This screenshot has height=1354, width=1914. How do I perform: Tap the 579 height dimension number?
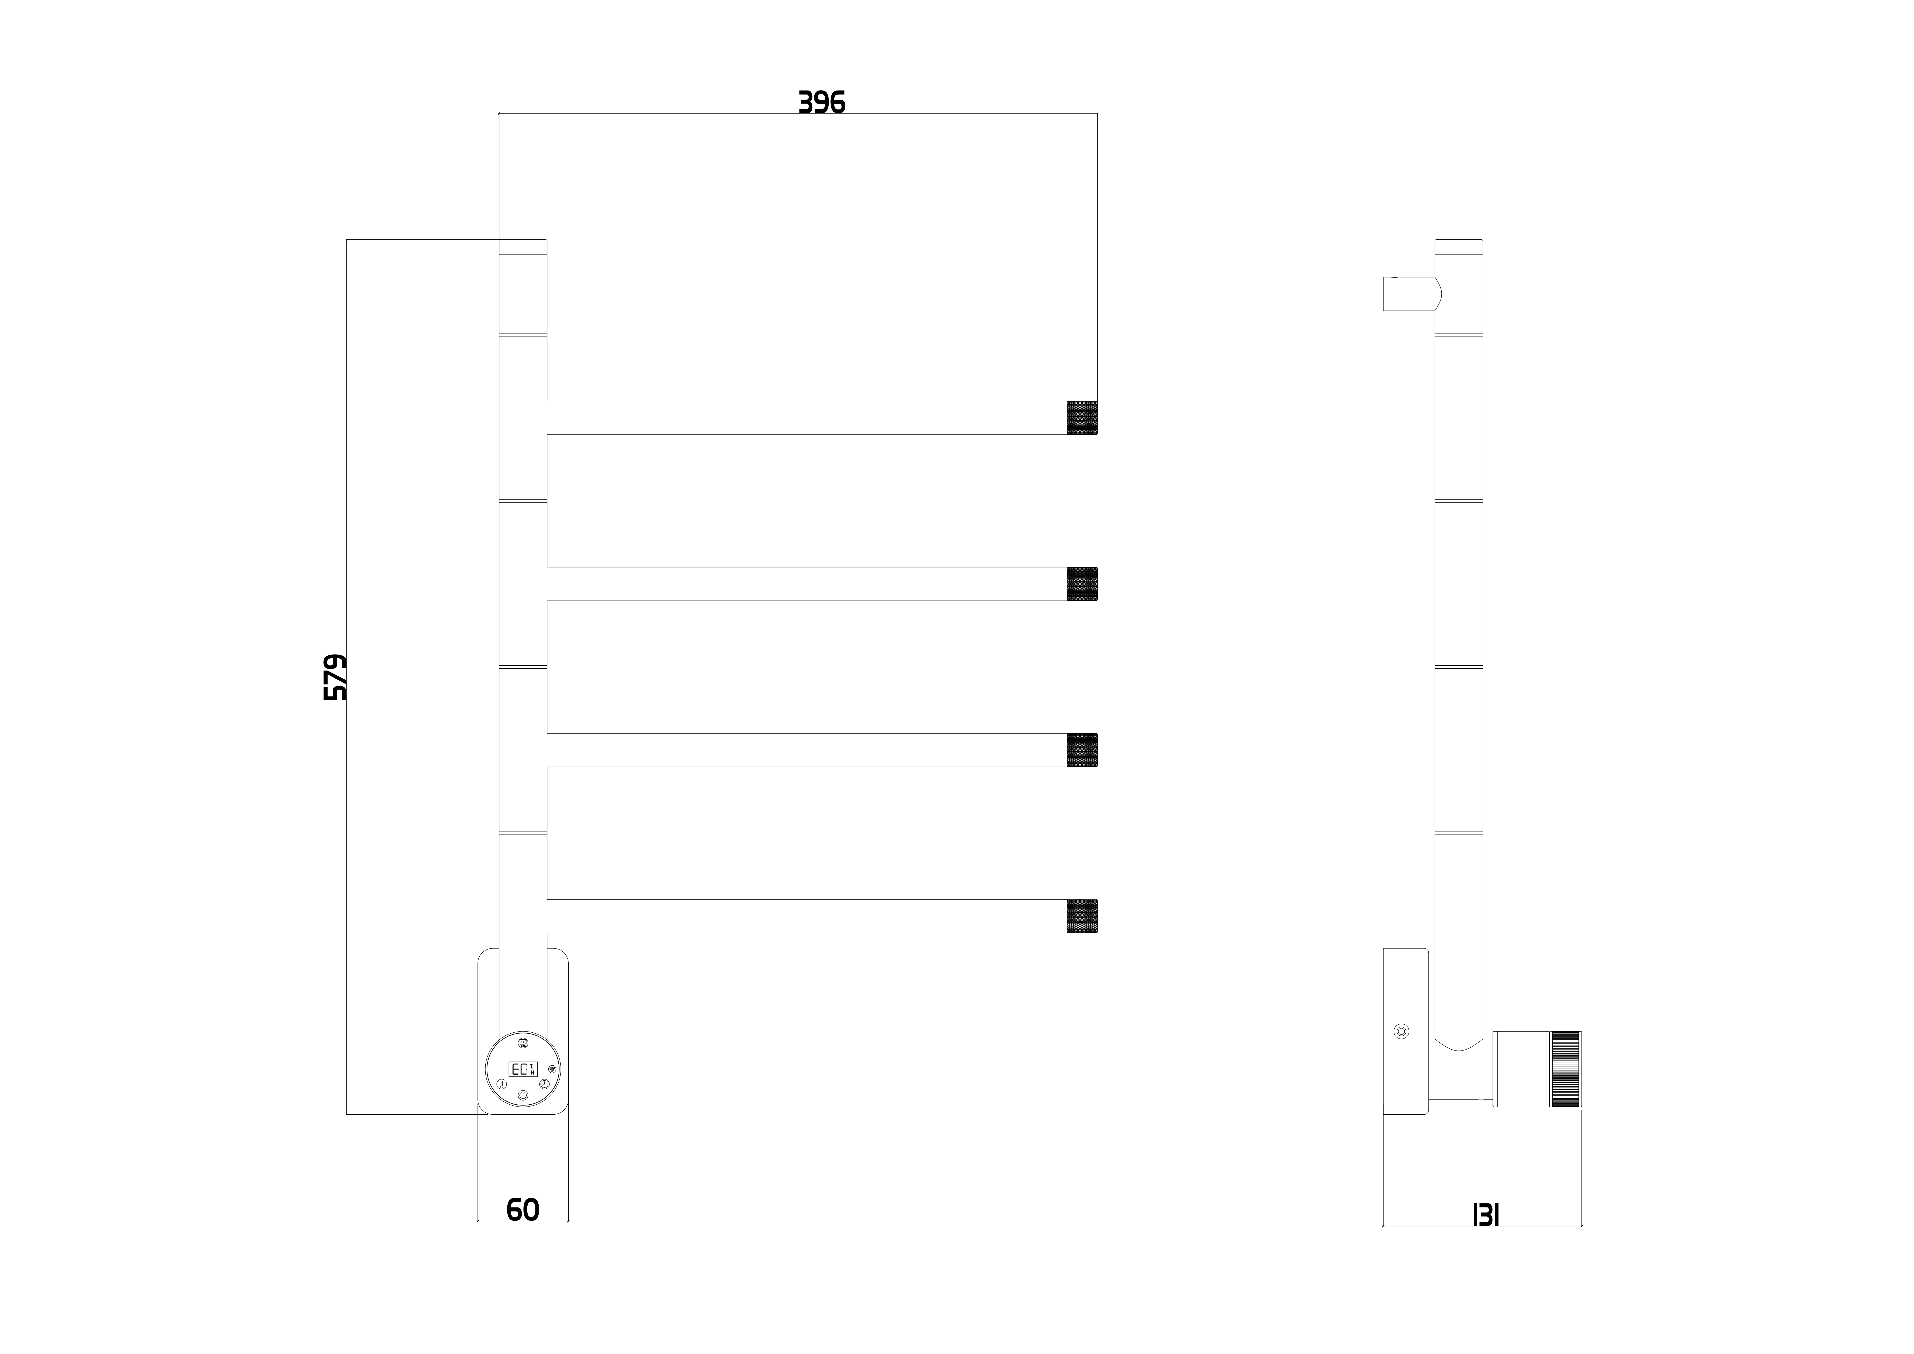coord(335,677)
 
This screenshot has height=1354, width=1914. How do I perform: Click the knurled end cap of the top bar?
coord(1082,418)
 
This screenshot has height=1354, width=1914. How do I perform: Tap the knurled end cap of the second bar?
coord(1082,584)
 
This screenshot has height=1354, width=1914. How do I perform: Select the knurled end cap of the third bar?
coord(1082,750)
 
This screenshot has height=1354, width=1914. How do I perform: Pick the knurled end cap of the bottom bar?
coord(1082,915)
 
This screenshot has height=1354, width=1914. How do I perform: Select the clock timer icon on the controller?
coord(544,1084)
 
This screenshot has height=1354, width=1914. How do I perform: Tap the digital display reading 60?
coord(523,1069)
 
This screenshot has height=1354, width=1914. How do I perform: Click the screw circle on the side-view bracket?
coord(1401,1031)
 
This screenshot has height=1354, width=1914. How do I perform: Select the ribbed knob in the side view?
coord(1565,1069)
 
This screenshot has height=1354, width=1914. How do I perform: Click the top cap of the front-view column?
coord(523,247)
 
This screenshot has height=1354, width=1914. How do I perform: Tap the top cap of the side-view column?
coord(1458,247)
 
